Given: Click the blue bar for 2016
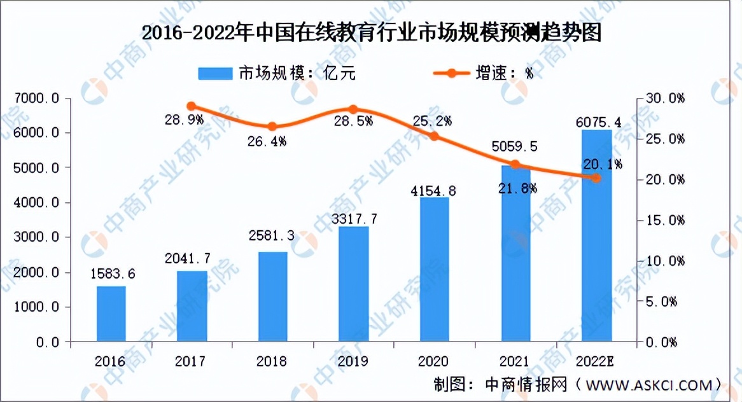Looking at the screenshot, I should [111, 314].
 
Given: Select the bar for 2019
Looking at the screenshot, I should [354, 284].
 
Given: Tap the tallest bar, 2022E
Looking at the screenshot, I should [596, 235].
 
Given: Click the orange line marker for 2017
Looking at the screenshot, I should [192, 106].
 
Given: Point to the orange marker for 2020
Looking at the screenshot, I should [434, 136].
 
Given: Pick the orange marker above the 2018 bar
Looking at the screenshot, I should [272, 127].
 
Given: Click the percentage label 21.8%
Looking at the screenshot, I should [515, 188].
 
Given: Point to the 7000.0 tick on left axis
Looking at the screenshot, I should [39, 98].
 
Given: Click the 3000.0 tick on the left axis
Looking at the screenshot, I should [39, 237].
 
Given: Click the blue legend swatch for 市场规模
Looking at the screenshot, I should [216, 73].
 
